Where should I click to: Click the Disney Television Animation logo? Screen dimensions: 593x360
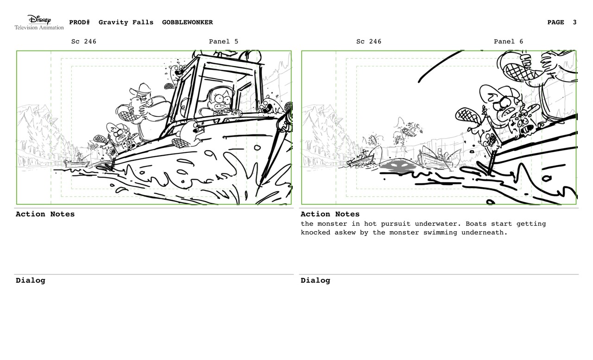point(39,22)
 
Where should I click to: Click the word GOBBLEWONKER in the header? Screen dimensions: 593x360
point(188,22)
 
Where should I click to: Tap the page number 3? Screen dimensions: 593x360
point(574,22)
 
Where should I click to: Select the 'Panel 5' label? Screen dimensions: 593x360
point(223,42)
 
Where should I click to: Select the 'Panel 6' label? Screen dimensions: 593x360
point(508,42)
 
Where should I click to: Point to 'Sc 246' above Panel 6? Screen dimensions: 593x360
point(369,42)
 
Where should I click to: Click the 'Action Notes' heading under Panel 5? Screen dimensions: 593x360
point(45,214)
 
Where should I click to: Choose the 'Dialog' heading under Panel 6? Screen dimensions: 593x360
point(315,280)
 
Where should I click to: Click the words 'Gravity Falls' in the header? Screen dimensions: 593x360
point(126,22)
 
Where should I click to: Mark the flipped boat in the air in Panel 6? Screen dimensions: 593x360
point(409,132)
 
